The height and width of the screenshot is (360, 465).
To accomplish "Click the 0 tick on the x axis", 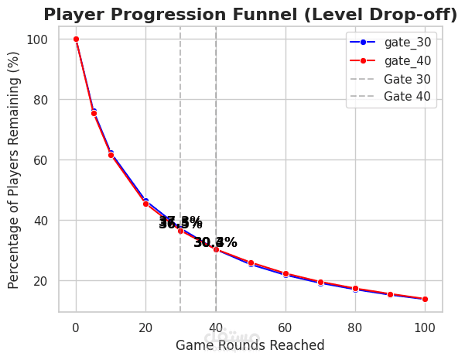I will [76, 327].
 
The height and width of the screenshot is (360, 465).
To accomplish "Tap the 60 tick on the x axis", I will [285, 327].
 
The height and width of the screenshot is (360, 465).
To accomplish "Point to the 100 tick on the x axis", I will [425, 327].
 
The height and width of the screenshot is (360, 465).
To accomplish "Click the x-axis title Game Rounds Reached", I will [250, 345].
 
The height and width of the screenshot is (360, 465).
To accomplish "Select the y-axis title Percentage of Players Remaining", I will [15, 170].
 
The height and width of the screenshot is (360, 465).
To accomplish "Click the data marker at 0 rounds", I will [76, 39].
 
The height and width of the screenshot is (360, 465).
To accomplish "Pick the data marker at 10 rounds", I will [111, 154].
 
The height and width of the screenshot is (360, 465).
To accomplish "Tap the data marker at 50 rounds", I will [251, 263].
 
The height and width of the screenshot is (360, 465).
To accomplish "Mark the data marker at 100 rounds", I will [425, 299].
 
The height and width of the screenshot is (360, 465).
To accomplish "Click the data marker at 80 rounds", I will [355, 289].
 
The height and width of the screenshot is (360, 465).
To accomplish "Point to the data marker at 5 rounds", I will [94, 113].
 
